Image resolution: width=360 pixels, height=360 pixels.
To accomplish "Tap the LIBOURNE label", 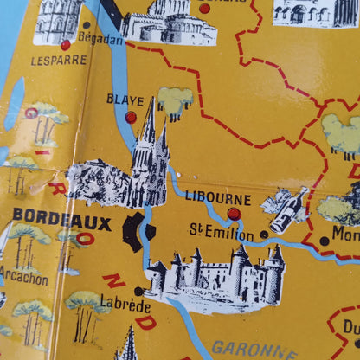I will coord(218,198).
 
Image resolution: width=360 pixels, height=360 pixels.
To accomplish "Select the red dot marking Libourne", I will coord(234,213).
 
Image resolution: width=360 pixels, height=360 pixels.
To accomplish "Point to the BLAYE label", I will coord(125,100).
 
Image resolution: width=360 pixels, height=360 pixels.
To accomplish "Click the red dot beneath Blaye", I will coord(131,116).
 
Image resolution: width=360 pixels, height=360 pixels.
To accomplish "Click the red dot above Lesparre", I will coord(66,44).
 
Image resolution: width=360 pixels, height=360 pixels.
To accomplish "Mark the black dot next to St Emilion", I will coord(264,234).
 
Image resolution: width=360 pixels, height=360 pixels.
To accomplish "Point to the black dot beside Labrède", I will coord(138,291).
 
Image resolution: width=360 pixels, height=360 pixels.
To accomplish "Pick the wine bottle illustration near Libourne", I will coord(286,209).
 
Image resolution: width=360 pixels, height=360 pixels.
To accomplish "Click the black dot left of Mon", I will coord(324,241).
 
